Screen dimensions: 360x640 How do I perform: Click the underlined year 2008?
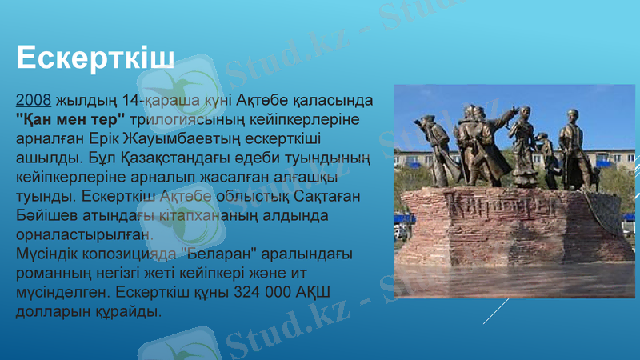[34, 102]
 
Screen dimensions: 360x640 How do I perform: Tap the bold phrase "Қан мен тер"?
[70, 119]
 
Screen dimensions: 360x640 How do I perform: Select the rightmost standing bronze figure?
[571, 148]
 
